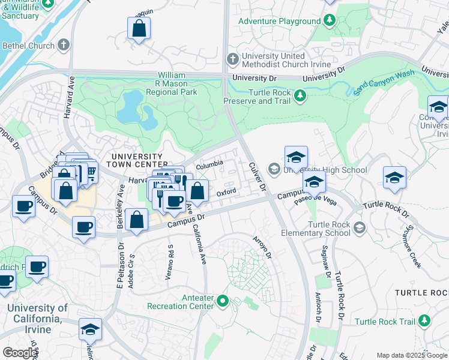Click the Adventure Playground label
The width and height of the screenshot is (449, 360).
279,21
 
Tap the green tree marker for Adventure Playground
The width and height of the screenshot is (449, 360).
329,21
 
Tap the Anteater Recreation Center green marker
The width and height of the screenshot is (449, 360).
223,300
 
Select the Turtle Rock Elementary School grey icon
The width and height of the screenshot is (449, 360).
359,227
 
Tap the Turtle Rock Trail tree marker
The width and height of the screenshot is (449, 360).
425,321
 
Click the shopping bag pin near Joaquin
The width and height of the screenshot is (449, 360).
139,28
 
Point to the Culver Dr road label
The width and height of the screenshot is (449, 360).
256,176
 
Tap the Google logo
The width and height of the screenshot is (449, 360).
20,353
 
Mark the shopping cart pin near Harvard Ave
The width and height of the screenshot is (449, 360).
89,172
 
